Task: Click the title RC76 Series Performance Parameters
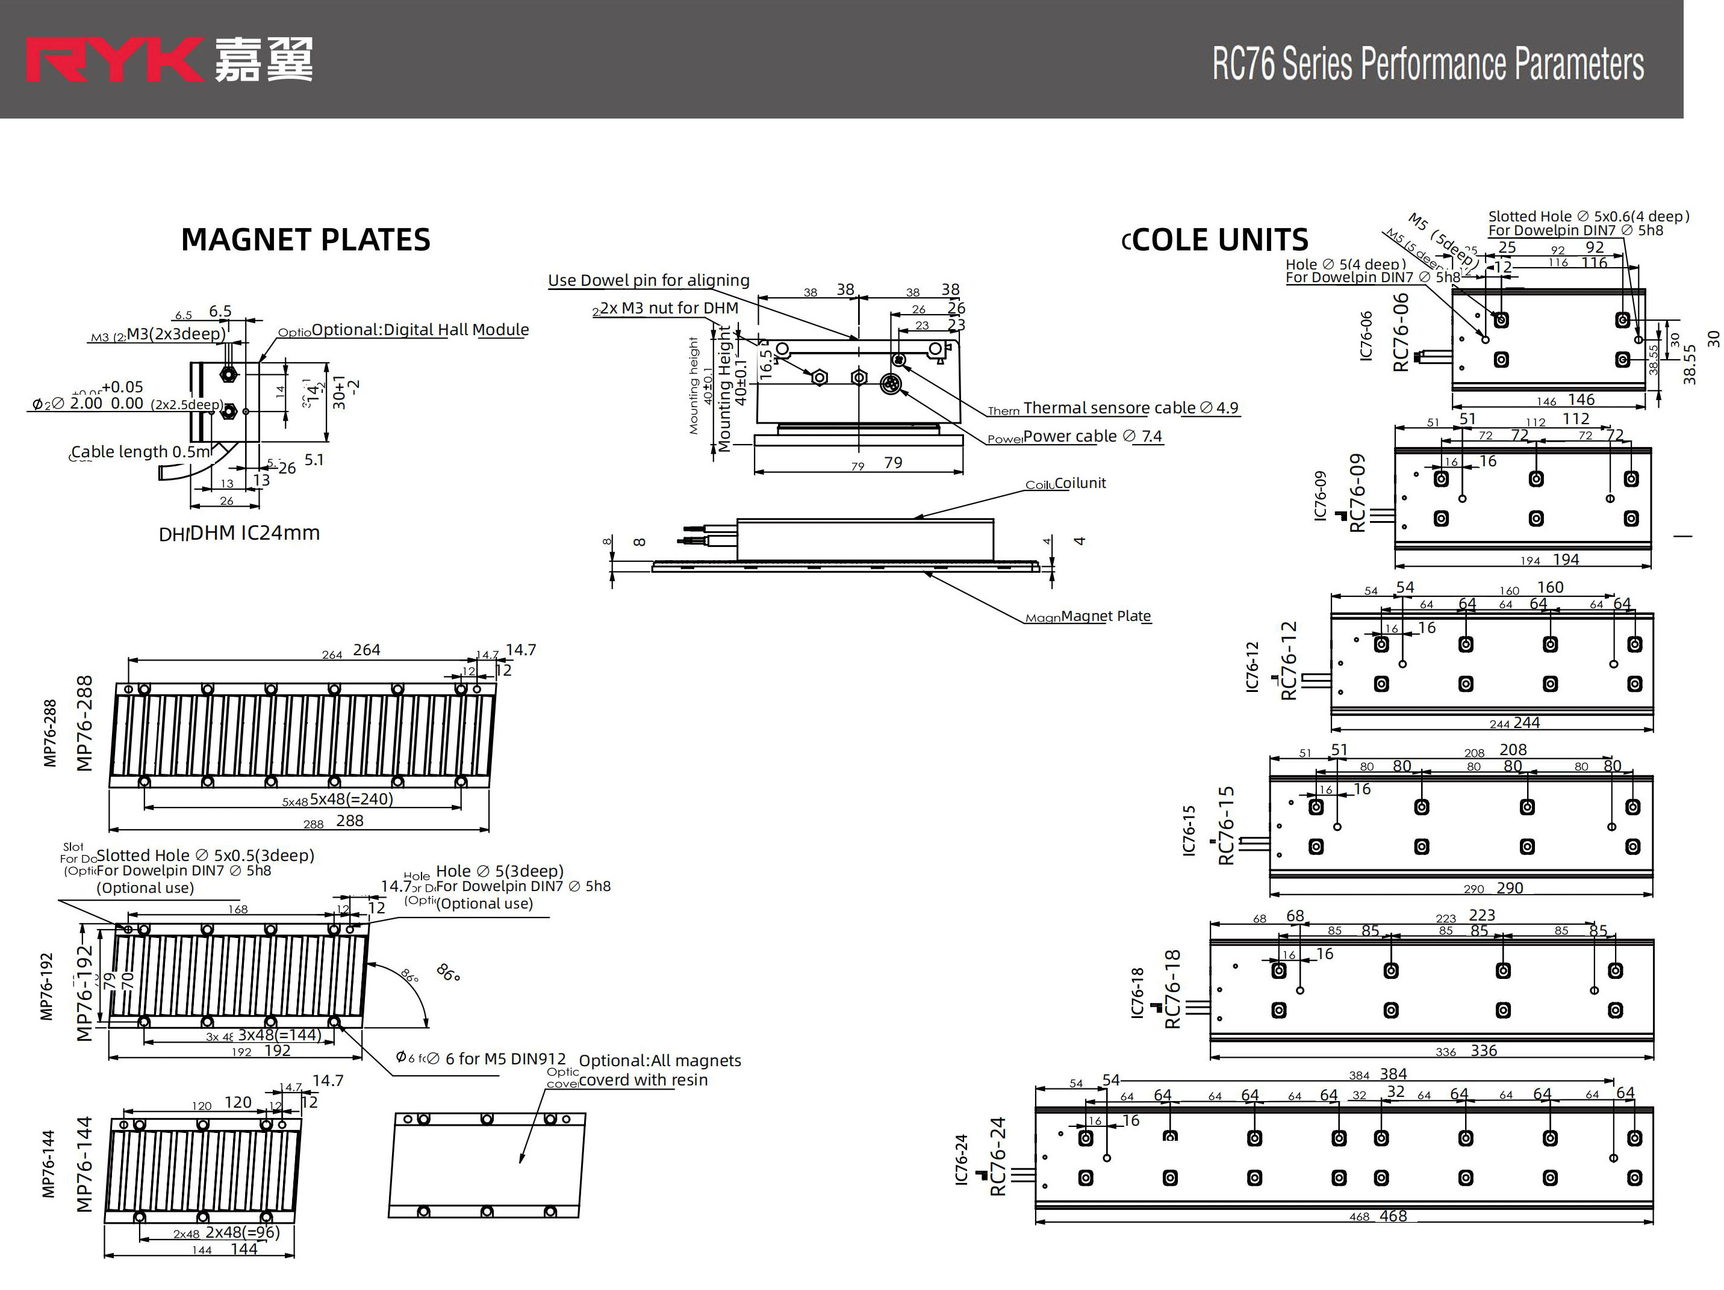click(x=1428, y=64)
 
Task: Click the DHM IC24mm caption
click(x=254, y=533)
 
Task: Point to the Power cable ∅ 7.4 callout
click(x=1092, y=436)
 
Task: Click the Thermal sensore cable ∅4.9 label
click(x=1130, y=408)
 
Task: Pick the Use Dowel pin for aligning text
click(x=649, y=280)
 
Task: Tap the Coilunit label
click(x=1080, y=483)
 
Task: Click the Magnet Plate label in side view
click(x=1105, y=616)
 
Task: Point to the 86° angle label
click(x=448, y=972)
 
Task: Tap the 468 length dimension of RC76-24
click(x=1393, y=1216)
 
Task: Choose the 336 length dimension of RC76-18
click(x=1483, y=1051)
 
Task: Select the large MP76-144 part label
click(x=84, y=1165)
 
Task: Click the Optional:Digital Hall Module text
click(x=420, y=330)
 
